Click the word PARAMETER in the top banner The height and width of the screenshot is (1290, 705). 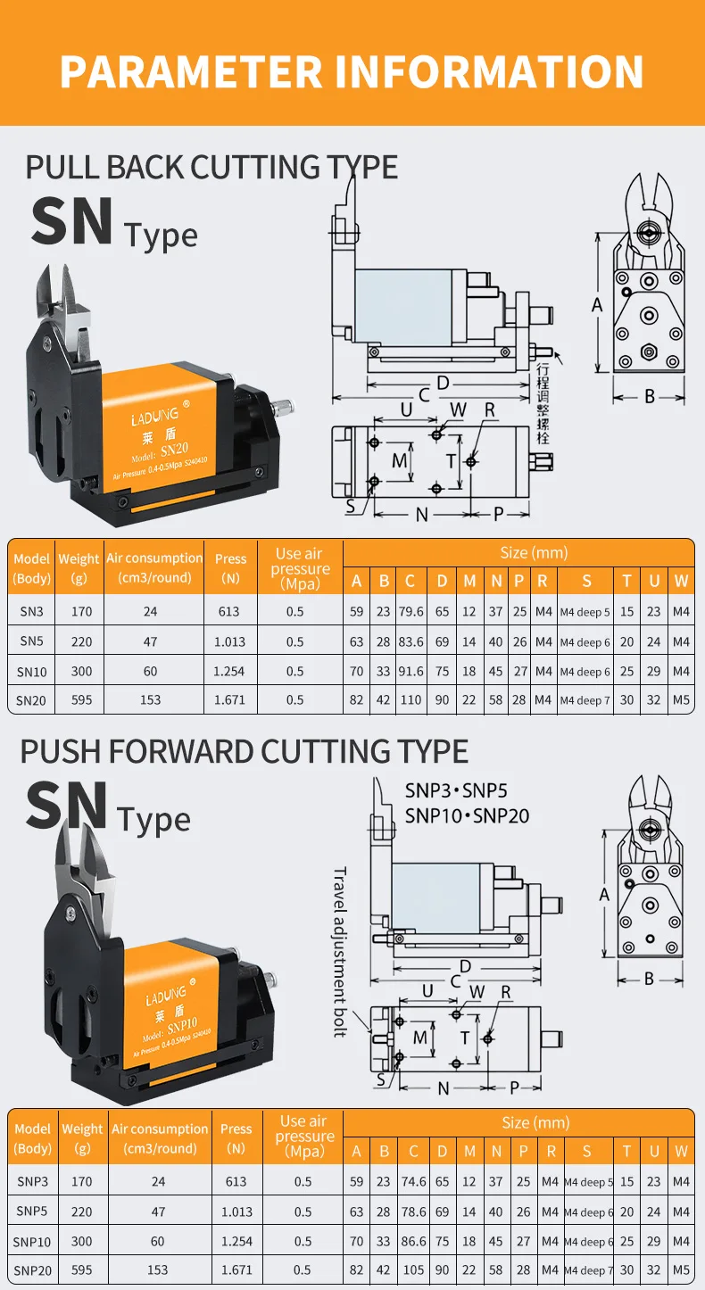point(191,72)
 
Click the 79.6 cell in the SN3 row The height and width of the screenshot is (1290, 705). point(411,612)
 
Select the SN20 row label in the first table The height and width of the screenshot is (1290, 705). point(31,700)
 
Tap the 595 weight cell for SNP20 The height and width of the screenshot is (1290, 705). point(82,1269)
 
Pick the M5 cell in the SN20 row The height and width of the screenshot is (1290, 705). point(681,699)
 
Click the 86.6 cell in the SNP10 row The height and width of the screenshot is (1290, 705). point(413,1241)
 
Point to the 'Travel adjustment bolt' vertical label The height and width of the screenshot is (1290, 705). point(340,952)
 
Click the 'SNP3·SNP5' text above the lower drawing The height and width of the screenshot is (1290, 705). point(456,790)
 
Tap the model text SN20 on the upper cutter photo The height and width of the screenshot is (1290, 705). point(175,449)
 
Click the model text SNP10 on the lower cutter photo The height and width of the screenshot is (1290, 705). point(183,1026)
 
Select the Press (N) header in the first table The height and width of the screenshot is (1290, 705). point(230,567)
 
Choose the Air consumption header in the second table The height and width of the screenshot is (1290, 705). point(160,1138)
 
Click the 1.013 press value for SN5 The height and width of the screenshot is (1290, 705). point(229,641)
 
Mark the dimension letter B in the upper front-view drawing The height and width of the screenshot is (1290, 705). point(650,396)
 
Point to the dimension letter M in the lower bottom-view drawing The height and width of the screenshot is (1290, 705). point(420,1038)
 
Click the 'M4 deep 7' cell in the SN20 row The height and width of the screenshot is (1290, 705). point(585,700)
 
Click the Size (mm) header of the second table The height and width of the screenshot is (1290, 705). point(535,1122)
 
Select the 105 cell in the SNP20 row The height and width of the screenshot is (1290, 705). point(413,1269)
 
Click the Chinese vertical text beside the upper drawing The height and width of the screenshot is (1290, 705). point(543,403)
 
